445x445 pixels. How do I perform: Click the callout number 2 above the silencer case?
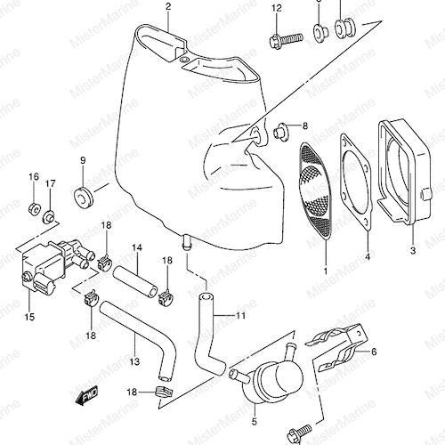coord(168,6)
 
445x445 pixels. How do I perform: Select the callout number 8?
coord(305,125)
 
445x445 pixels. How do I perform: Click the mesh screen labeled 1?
coord(315,190)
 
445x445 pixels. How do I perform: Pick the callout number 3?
coord(413,251)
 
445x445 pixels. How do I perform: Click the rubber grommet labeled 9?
coord(83,197)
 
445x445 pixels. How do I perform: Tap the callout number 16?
coord(34,177)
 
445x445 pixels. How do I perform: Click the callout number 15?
coord(29,317)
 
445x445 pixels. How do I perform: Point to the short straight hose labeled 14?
coord(134,281)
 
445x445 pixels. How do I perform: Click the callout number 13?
coord(134,361)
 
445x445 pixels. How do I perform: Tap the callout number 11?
coord(240,315)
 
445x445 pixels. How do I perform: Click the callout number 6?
coord(374,352)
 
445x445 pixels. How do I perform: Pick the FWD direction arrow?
coord(86,395)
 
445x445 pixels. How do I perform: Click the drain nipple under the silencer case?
coord(186,243)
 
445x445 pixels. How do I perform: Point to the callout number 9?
coord(83,160)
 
